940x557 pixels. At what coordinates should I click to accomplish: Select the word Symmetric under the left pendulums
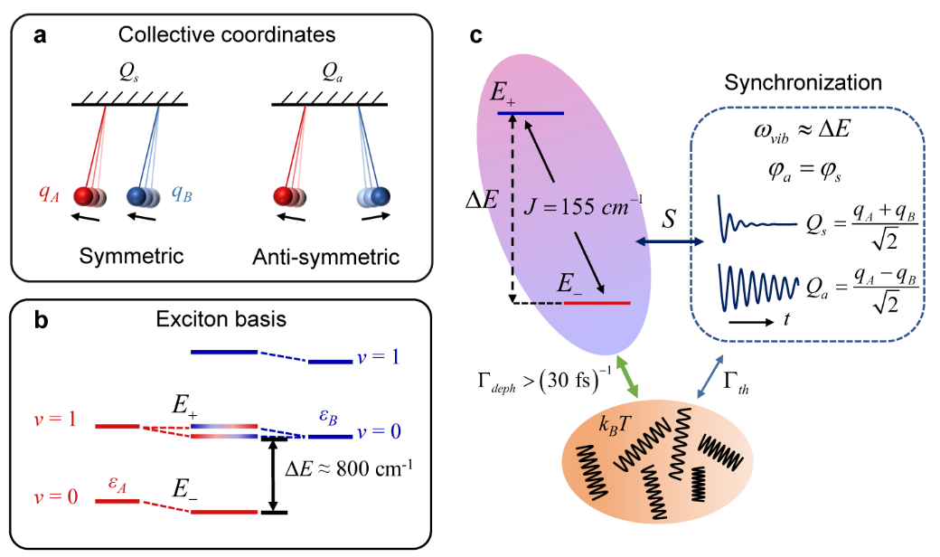click(130, 256)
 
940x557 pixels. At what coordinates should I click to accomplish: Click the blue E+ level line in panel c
click(531, 114)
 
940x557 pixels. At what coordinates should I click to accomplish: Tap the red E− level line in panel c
click(597, 303)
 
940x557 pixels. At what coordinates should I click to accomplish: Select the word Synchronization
click(804, 82)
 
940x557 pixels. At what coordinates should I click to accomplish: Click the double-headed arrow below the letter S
click(670, 241)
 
